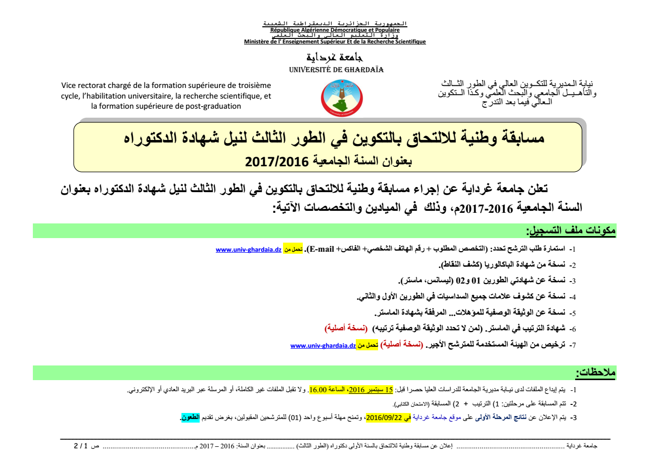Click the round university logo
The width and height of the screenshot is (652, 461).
click(335, 98)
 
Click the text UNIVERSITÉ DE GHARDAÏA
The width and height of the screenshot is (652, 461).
click(336, 70)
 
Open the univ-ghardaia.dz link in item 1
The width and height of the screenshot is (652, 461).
click(248, 250)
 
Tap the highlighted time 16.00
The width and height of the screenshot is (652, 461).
click(318, 390)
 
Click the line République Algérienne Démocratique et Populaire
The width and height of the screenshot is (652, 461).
click(335, 30)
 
